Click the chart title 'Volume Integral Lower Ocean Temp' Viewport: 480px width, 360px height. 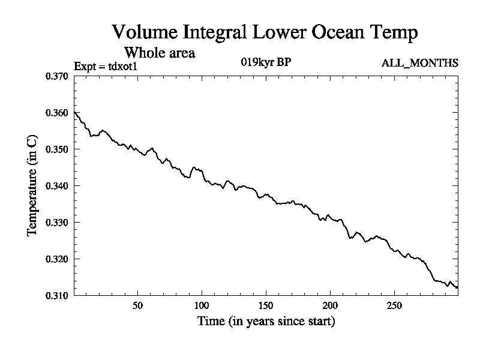pos(265,32)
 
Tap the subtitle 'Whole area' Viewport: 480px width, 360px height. pos(160,52)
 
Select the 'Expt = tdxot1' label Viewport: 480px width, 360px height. pos(106,67)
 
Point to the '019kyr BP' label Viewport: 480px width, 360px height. pos(266,62)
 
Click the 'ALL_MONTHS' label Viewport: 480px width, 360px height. pos(420,62)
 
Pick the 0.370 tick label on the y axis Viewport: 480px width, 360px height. pos(58,76)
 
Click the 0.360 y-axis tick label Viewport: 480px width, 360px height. pos(58,113)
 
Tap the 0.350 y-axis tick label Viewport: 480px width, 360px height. pos(58,149)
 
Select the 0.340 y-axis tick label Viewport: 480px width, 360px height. pos(58,186)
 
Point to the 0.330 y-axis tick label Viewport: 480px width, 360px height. pos(58,223)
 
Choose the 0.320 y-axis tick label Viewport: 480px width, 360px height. pos(58,259)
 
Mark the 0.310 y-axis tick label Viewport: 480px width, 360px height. pos(58,295)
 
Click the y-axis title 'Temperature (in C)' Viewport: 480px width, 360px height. pos(34,186)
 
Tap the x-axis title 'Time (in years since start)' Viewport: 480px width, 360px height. pos(266,322)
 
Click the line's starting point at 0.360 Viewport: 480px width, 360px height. pos(74,113)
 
